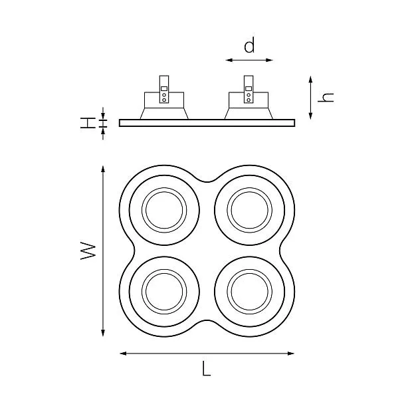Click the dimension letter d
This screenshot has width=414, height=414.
pos(249,45)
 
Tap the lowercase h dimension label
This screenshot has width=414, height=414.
pos(326,97)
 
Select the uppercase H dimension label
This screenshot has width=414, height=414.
pos(88,123)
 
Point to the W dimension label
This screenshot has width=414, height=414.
pos(88,251)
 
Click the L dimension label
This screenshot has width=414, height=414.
pos(207,368)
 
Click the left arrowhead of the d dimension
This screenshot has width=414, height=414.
pos(229,60)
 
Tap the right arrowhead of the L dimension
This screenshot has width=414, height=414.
pos(290,354)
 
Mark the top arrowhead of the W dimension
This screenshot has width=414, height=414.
pos(103,169)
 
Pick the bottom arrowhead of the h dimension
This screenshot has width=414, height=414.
pos(311,116)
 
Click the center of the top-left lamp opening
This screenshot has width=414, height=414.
pos(164,210)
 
